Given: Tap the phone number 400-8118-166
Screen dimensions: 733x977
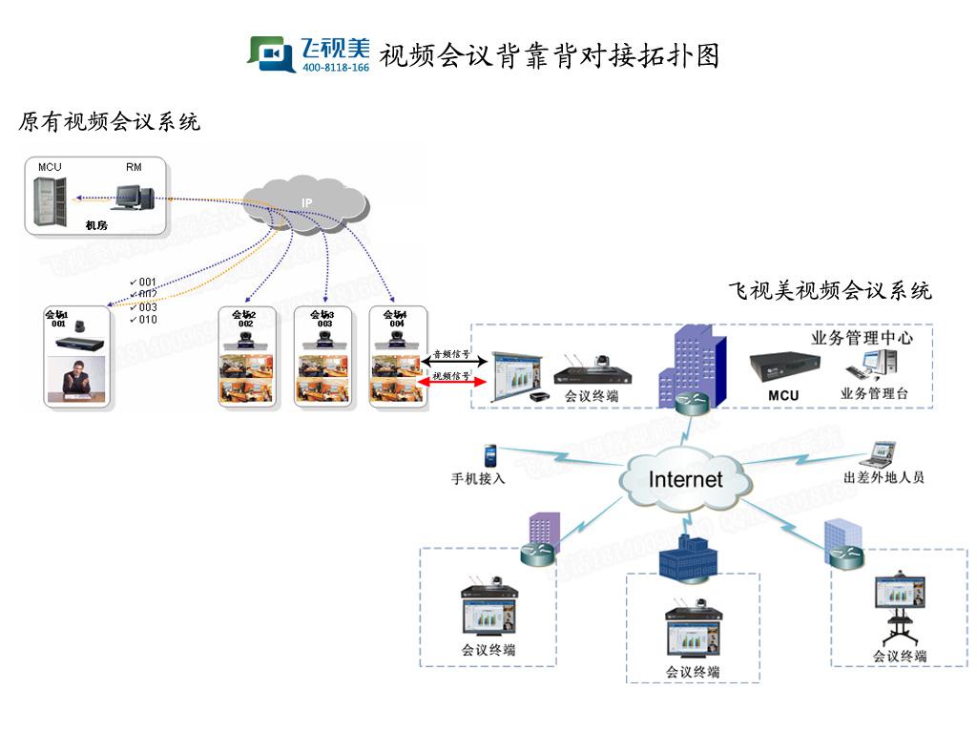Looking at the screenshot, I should click(335, 68).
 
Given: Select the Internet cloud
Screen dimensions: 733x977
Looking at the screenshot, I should click(685, 478).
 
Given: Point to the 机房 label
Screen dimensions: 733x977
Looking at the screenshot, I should click(96, 225).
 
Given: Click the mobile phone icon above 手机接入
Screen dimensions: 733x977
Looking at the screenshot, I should click(490, 452).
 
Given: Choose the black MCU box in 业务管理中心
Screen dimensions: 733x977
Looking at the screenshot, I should click(783, 367).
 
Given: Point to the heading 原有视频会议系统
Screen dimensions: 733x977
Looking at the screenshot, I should click(110, 122).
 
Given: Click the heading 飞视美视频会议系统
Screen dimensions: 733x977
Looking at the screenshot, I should click(829, 291).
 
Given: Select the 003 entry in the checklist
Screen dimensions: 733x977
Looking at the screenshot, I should click(145, 307).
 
